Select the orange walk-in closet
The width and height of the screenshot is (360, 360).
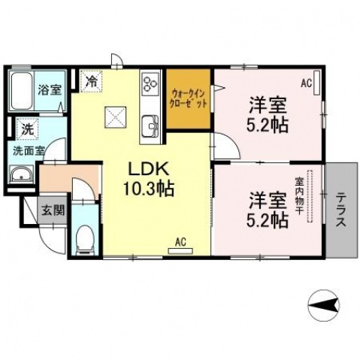pyautogui.click(x=188, y=102)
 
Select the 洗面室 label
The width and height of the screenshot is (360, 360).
pyautogui.click(x=27, y=150)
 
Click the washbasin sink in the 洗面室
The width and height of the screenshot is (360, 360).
pyautogui.click(x=20, y=177)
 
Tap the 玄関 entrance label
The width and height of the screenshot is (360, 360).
pyautogui.click(x=52, y=210)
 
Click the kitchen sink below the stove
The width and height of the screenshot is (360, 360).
pyautogui.click(x=149, y=123)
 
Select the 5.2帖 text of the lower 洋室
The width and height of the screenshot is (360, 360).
pyautogui.click(x=269, y=220)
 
